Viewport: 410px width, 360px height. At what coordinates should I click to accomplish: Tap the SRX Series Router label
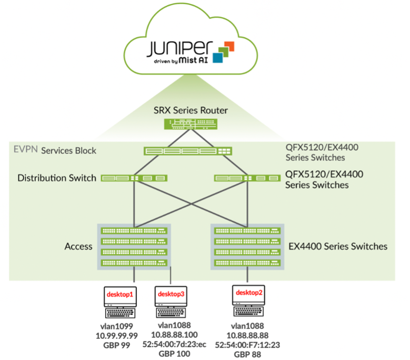click(x=191, y=110)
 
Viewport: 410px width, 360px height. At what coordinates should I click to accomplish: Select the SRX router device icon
click(x=191, y=124)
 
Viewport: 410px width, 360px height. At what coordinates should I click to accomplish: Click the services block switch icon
click(x=188, y=151)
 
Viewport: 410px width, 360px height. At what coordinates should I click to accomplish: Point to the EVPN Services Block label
click(x=55, y=151)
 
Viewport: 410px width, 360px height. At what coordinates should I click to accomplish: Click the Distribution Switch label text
click(x=57, y=178)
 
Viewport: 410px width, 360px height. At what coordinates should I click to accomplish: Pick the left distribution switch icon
click(x=134, y=178)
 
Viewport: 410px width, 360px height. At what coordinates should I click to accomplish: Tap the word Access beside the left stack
click(x=78, y=246)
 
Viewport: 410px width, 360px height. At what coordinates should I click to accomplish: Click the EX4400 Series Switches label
click(x=338, y=246)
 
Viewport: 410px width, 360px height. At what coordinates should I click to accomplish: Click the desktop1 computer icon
click(x=120, y=302)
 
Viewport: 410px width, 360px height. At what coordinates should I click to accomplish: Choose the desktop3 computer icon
click(x=171, y=302)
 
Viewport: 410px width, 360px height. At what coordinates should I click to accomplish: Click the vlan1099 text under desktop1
click(x=120, y=326)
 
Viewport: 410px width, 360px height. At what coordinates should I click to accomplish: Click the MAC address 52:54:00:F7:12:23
click(x=247, y=344)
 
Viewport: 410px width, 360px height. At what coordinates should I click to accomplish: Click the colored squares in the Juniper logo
click(x=223, y=52)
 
